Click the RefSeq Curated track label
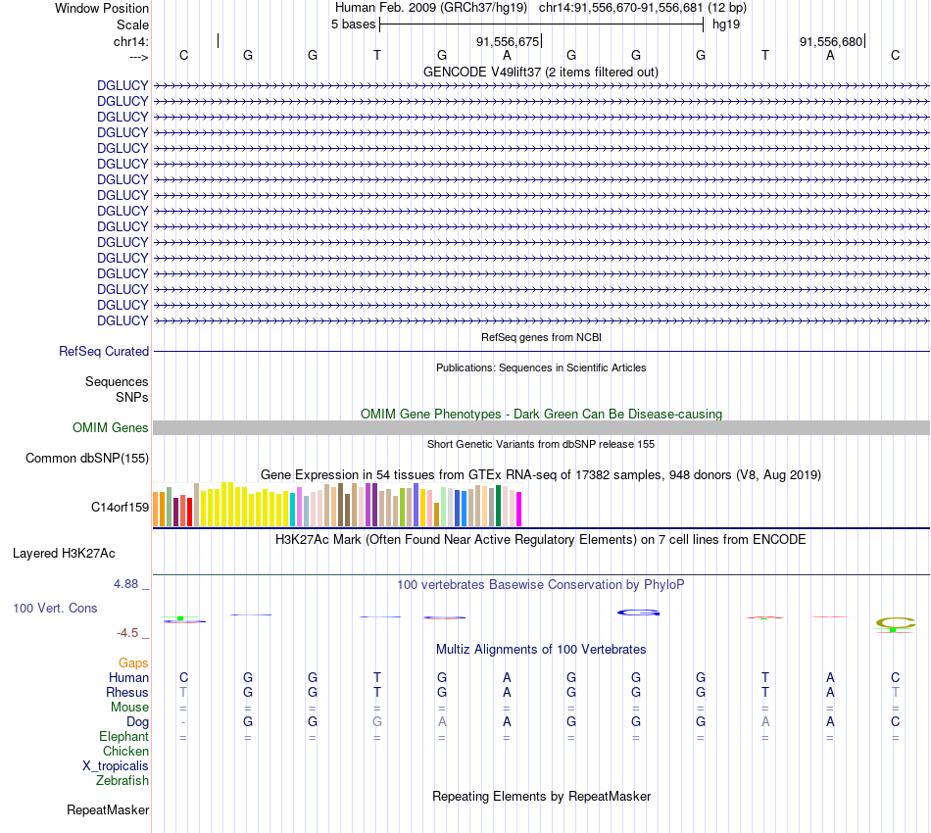(104, 351)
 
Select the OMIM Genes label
(111, 427)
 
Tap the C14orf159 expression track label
(120, 507)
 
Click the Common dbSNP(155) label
(87, 458)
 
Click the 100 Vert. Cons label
(55, 608)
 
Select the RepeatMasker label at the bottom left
(108, 809)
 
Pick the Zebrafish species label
(122, 780)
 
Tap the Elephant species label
(123, 736)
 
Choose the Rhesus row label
(127, 692)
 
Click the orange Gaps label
(133, 662)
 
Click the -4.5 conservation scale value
(130, 633)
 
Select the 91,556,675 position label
(508, 41)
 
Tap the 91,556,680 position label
(831, 41)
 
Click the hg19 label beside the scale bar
(726, 24)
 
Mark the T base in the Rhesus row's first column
(183, 692)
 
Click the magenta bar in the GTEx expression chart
(518, 509)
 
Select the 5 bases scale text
(353, 24)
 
